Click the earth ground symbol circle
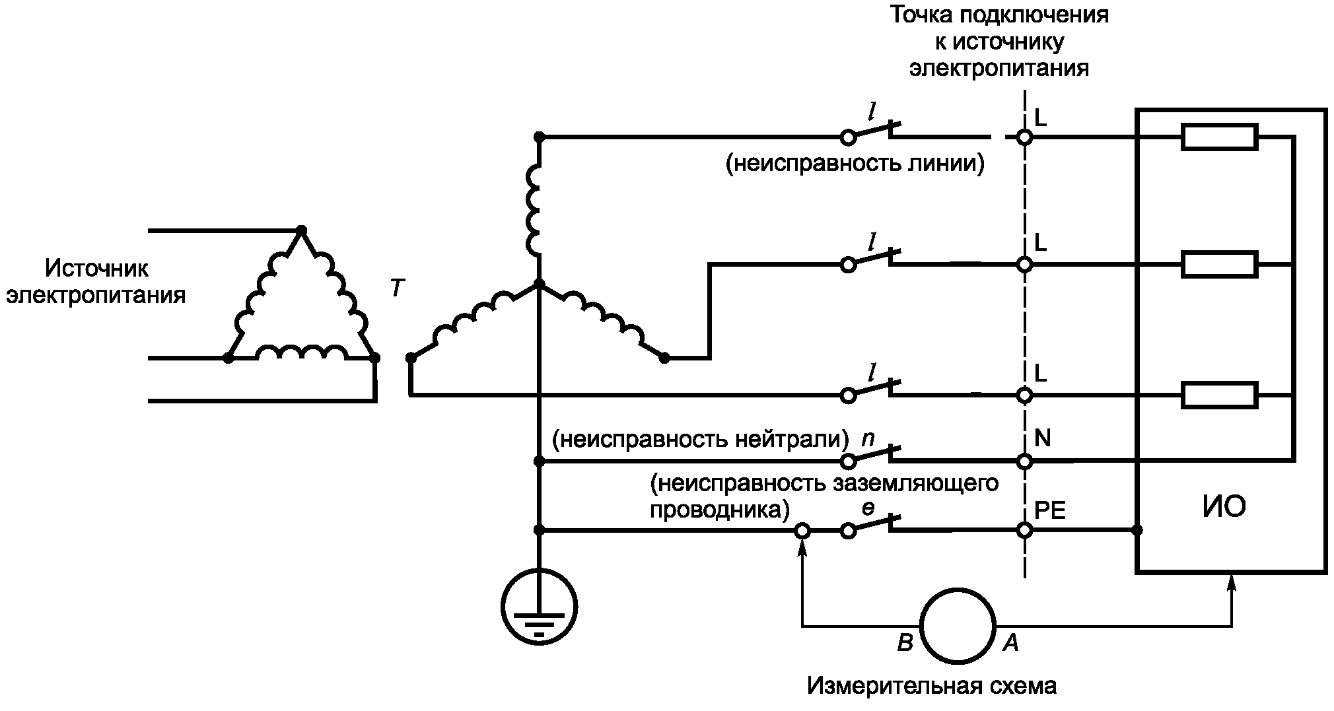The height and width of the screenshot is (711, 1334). click(x=539, y=607)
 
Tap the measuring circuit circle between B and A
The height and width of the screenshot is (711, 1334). click(x=958, y=625)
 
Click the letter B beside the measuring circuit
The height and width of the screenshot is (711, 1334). click(x=904, y=642)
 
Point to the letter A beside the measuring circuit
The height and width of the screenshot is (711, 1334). click(x=1011, y=642)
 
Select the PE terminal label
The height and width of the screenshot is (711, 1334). click(x=1049, y=512)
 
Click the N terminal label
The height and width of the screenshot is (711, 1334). click(x=1042, y=438)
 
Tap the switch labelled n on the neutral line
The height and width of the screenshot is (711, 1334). click(x=870, y=455)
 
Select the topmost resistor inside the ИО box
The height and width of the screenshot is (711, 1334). click(x=1219, y=137)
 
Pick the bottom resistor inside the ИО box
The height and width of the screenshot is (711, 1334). click(x=1219, y=395)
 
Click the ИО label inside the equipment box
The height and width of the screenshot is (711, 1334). click(x=1224, y=508)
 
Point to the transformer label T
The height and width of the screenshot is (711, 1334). click(x=396, y=288)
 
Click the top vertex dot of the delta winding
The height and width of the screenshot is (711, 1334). click(x=301, y=230)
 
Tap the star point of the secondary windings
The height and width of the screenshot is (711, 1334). click(x=539, y=285)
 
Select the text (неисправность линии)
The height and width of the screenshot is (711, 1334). click(x=855, y=163)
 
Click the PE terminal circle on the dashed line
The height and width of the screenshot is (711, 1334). click(x=1024, y=529)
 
